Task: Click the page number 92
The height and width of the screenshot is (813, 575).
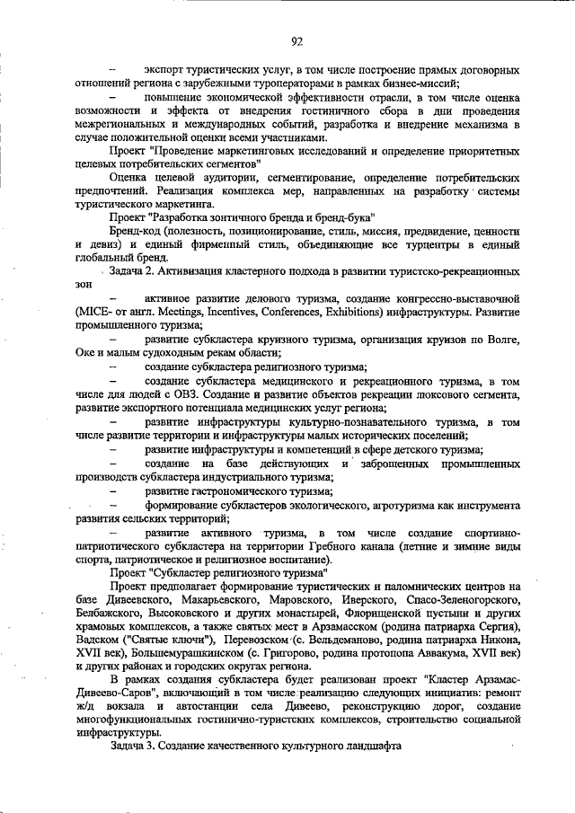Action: coord(296,40)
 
